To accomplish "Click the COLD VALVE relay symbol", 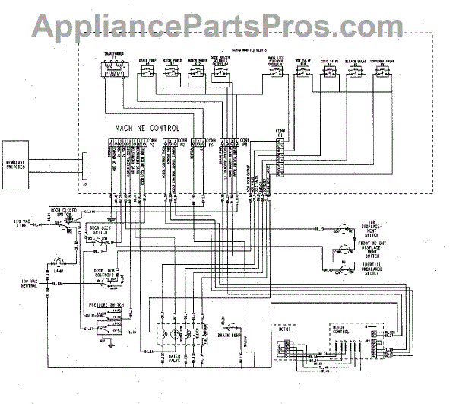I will pos(329,71).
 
